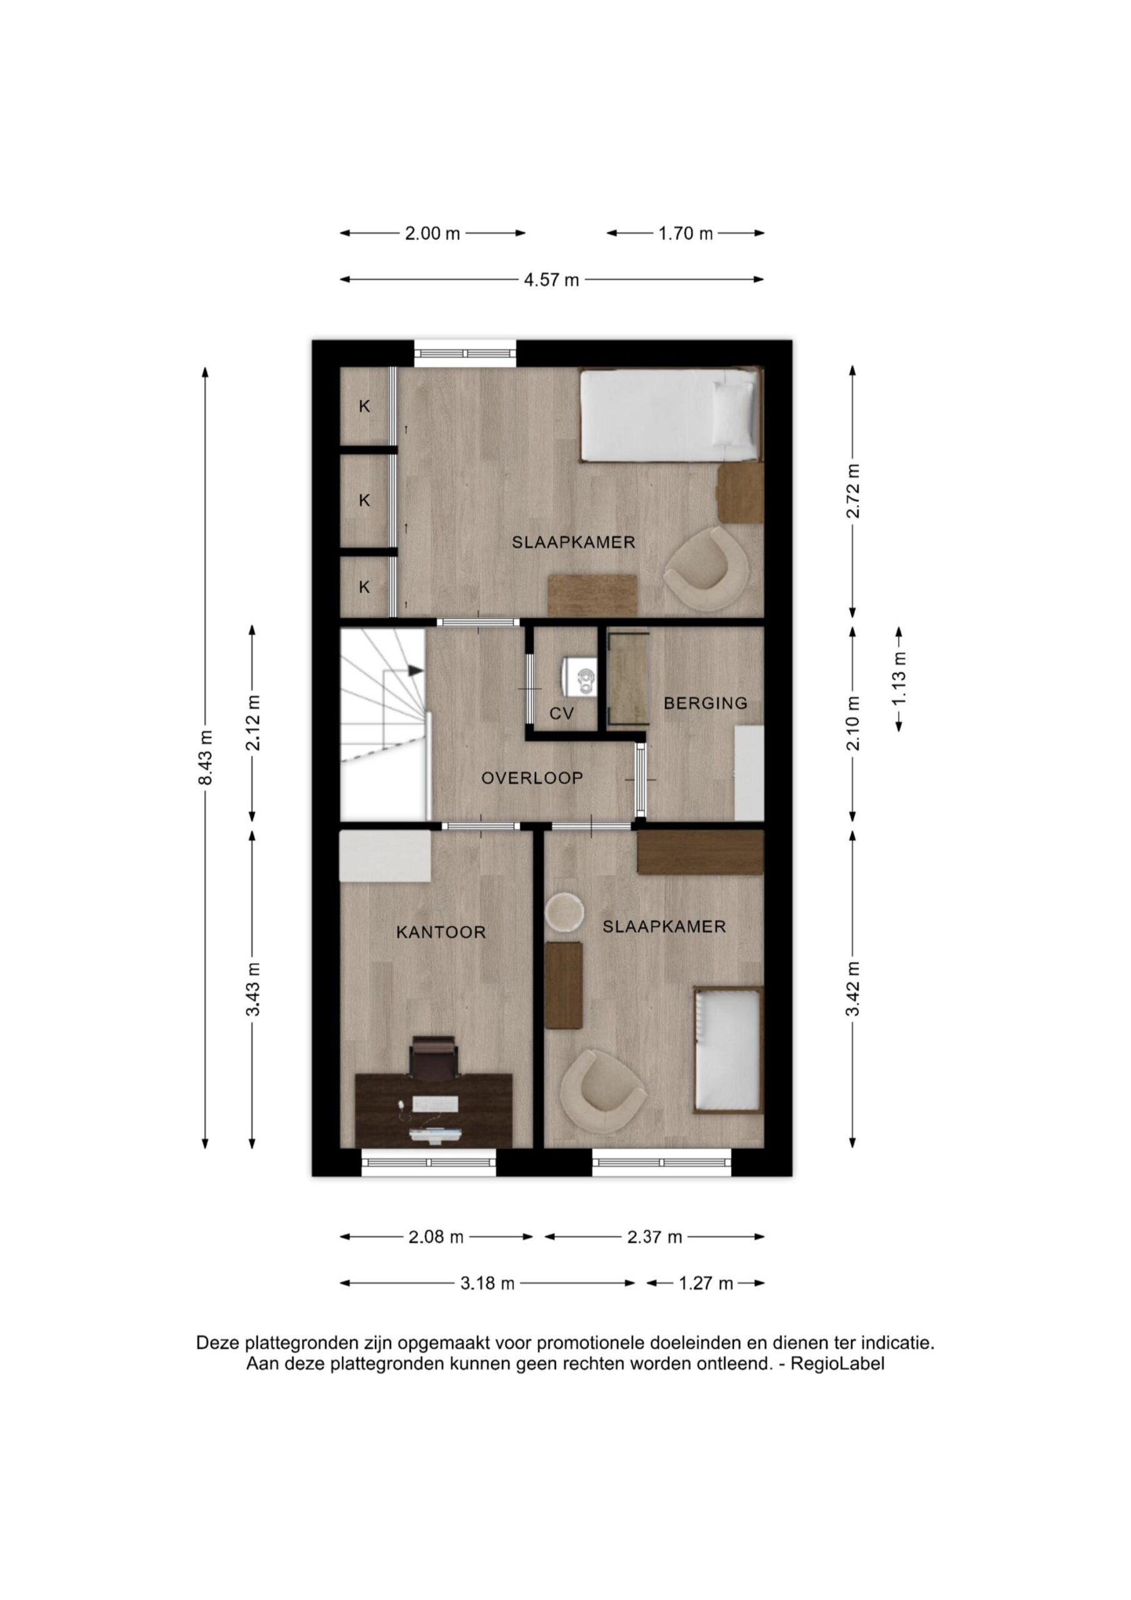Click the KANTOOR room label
tap(441, 932)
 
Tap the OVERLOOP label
tap(532, 777)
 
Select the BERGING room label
tap(705, 703)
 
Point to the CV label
tap(562, 713)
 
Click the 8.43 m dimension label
tap(205, 757)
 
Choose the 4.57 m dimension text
tap(551, 280)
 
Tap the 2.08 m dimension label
tap(436, 1237)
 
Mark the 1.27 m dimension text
tap(706, 1283)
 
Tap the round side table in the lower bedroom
tap(564, 911)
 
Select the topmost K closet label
tap(364, 406)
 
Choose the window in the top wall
tap(466, 353)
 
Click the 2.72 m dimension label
tap(853, 491)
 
